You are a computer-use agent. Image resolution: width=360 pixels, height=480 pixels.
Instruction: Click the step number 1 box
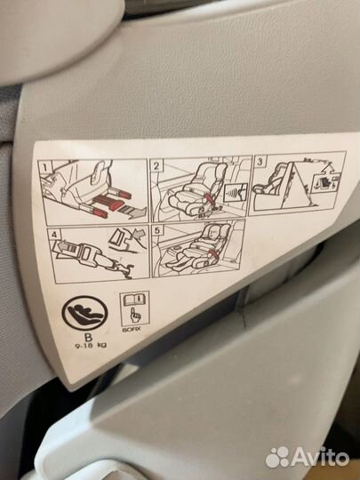pos(44,167)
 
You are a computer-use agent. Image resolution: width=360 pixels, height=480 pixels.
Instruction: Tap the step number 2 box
pos(156,165)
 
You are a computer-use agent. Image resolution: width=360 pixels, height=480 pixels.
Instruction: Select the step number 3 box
pos(260,161)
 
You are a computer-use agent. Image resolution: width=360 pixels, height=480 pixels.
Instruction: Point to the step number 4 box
pos(54,235)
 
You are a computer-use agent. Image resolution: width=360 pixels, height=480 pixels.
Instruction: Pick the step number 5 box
pos(157,230)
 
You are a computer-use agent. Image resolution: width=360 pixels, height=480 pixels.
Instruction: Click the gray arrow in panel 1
pos(132,212)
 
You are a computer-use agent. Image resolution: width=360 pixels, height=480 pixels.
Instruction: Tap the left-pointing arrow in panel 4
pos(62,246)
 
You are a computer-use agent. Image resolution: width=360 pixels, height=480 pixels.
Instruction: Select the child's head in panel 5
pos(212,233)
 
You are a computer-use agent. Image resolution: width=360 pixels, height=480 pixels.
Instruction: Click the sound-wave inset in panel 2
pos(235,192)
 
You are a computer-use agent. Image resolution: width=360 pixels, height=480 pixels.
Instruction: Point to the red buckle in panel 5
pos(213,252)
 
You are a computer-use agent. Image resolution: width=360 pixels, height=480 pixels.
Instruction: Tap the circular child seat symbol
pos(84,313)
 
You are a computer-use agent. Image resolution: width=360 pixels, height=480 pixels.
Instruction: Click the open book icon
pos(134,299)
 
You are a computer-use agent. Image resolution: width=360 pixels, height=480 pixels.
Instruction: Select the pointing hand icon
pos(133,315)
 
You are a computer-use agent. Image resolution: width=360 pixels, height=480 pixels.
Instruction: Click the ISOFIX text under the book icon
pos(131,330)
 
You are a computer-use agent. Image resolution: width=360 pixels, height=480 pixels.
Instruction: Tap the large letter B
pos(89,338)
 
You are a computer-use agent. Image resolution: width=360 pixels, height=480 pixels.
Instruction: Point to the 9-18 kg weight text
pos(91,346)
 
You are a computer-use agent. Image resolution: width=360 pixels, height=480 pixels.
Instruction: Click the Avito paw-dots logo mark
pos(277,458)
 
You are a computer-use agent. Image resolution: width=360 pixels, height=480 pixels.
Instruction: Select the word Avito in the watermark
pos(320,458)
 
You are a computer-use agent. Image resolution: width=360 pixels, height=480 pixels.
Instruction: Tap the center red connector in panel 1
pos(108,203)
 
